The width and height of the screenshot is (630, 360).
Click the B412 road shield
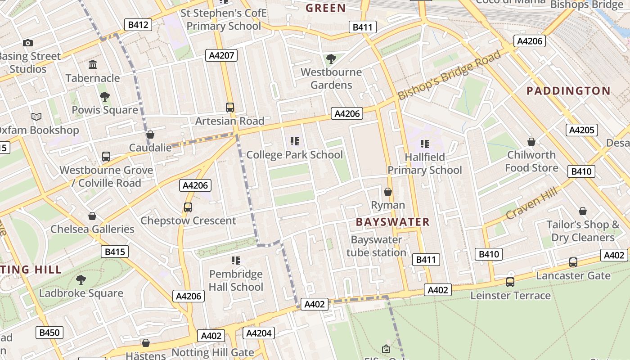(x=138, y=25)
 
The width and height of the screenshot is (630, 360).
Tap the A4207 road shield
(x=221, y=55)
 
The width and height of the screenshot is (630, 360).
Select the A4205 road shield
(x=581, y=130)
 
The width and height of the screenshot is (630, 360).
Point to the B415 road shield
(x=114, y=252)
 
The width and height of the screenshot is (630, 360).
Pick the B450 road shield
(x=49, y=333)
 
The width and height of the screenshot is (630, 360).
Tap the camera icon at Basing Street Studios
(x=28, y=43)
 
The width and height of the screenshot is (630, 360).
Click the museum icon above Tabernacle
(x=93, y=65)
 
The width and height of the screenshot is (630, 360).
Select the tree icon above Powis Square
(x=104, y=96)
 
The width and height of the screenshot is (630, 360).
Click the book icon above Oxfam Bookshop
(x=36, y=117)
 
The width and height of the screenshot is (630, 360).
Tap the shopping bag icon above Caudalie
(x=150, y=135)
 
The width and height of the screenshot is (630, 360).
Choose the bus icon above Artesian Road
(x=229, y=108)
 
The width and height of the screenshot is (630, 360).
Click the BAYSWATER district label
(x=392, y=222)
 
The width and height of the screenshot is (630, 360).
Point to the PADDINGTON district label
(x=568, y=91)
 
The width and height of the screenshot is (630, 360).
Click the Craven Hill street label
(x=531, y=203)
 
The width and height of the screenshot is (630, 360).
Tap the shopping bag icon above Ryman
(x=388, y=192)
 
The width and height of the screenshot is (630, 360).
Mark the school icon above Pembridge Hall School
(x=236, y=261)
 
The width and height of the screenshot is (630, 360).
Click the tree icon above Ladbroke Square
(x=81, y=280)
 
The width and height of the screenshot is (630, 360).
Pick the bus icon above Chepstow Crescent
(x=188, y=207)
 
